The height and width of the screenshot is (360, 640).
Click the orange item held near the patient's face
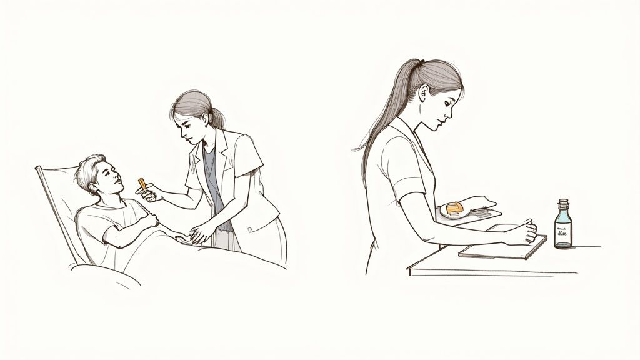143,184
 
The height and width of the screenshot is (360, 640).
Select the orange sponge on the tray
454,207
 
